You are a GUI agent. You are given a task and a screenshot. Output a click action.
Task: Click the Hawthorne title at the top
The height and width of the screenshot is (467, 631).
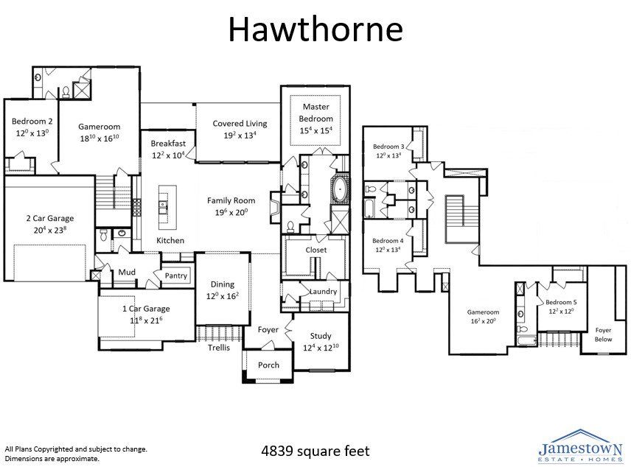(x=315, y=29)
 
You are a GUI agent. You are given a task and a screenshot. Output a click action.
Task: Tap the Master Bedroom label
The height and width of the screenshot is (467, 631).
(x=316, y=113)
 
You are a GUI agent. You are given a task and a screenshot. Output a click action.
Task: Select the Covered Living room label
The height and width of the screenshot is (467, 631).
(x=240, y=124)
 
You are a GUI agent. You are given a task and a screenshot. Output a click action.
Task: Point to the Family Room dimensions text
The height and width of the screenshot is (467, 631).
(x=231, y=212)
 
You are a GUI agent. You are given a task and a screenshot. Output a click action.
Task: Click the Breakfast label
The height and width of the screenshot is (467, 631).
(x=168, y=143)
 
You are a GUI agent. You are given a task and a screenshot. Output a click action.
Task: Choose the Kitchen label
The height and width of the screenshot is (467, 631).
(x=170, y=241)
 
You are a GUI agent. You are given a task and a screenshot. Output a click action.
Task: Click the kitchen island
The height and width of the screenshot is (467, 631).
(x=163, y=207)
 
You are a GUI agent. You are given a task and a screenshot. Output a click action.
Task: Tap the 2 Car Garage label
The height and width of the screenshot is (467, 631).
(x=50, y=218)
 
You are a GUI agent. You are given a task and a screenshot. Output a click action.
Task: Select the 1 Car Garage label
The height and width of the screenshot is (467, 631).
(x=146, y=309)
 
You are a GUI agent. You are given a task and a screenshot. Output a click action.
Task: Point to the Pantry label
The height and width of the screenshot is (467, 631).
(x=176, y=276)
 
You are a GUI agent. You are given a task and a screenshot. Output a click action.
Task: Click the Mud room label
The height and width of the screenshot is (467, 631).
(x=127, y=273)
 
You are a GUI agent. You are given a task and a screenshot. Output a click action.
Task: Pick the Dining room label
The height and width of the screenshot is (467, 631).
(x=223, y=284)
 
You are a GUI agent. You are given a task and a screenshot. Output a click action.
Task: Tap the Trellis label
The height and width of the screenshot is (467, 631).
(x=219, y=348)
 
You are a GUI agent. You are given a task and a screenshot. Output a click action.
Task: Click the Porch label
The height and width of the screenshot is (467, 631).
(x=268, y=365)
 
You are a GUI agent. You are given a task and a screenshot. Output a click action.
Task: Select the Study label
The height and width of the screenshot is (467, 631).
(x=321, y=336)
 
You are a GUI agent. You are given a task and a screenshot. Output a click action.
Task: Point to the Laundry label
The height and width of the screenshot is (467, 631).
(x=323, y=292)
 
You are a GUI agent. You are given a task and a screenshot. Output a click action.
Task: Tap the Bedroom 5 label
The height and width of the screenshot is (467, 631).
(x=561, y=303)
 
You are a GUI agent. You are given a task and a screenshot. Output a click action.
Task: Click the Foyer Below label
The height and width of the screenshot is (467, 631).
(x=603, y=334)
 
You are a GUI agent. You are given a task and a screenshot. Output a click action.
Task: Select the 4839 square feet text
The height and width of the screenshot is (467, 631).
(x=315, y=451)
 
